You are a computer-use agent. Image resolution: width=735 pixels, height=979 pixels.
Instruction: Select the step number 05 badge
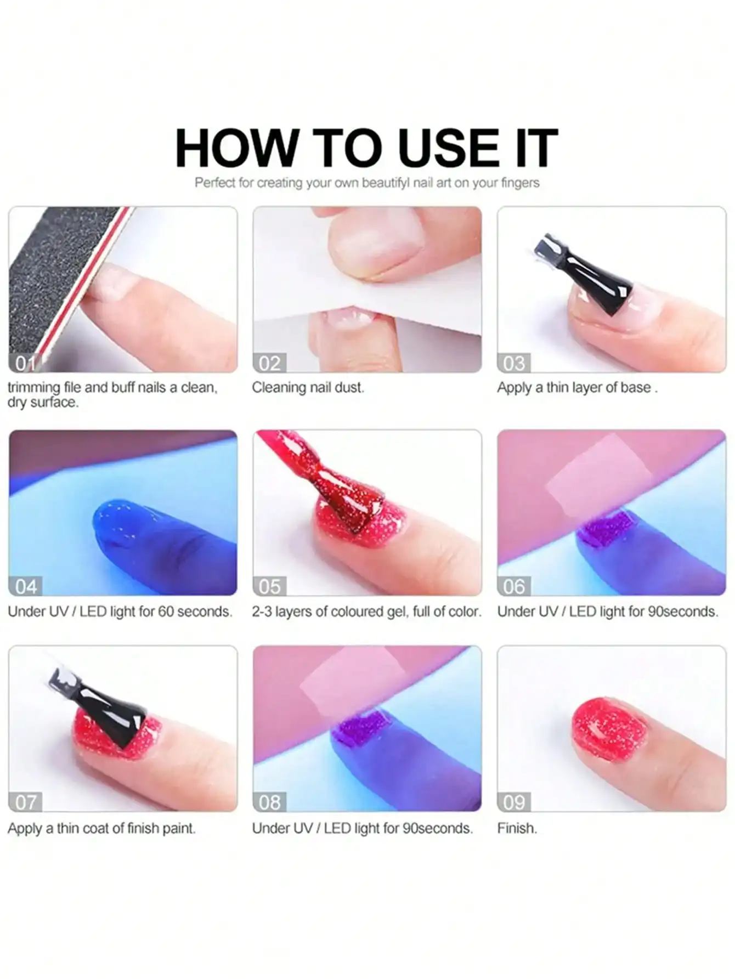[270, 586]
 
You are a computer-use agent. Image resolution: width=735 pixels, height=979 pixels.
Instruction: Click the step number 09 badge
[514, 802]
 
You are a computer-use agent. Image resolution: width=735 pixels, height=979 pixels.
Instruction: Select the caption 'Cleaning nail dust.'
[308, 387]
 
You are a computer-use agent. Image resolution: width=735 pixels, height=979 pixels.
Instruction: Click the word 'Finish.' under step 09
[517, 828]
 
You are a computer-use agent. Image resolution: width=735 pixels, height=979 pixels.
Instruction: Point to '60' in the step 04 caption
[166, 612]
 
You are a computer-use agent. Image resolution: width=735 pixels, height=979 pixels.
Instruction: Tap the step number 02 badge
[270, 363]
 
